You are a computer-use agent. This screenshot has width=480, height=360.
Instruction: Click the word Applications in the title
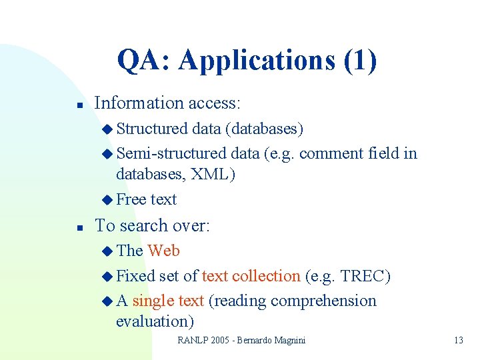[x=257, y=61]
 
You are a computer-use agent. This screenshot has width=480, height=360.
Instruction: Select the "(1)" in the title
[x=360, y=61]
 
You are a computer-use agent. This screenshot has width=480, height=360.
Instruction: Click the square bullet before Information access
[x=79, y=105]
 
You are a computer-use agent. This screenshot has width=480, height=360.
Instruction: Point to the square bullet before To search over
[x=79, y=227]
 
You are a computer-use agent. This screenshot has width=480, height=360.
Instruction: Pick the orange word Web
[x=163, y=251]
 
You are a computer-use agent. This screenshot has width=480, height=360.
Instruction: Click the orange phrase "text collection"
[x=251, y=276]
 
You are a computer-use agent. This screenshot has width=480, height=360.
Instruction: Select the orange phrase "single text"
[x=167, y=301]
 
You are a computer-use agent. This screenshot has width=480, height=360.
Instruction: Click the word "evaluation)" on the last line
[x=155, y=321]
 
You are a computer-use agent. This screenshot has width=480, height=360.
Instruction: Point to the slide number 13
[x=458, y=341]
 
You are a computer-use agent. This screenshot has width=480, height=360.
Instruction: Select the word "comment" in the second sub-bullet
[x=331, y=153]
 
